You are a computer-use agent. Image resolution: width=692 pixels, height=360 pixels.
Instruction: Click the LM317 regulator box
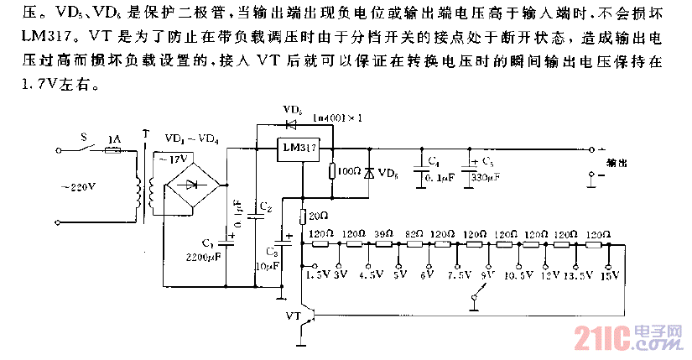pyautogui.click(x=299, y=148)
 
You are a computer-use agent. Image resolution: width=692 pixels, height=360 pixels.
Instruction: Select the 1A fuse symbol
pyautogui.click(x=112, y=151)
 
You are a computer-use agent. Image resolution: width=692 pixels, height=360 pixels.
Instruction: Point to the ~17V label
pyautogui.click(x=178, y=159)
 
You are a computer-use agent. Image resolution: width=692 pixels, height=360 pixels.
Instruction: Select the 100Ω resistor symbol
pyautogui.click(x=332, y=170)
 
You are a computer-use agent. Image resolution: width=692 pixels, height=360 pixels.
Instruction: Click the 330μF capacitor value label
pyautogui.click(x=485, y=178)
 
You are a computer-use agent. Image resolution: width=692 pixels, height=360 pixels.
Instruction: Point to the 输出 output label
pyautogui.click(x=617, y=164)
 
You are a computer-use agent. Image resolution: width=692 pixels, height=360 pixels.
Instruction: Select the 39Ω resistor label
pyautogui.click(x=383, y=233)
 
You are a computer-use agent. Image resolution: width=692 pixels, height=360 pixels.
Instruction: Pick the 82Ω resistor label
pyautogui.click(x=413, y=233)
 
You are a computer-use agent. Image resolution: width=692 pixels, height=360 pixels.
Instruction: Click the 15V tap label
pyautogui.click(x=610, y=274)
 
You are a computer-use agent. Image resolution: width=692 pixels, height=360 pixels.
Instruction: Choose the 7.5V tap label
pyautogui.click(x=459, y=274)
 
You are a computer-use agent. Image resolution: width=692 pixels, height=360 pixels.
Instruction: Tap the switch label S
pyautogui.click(x=81, y=136)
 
